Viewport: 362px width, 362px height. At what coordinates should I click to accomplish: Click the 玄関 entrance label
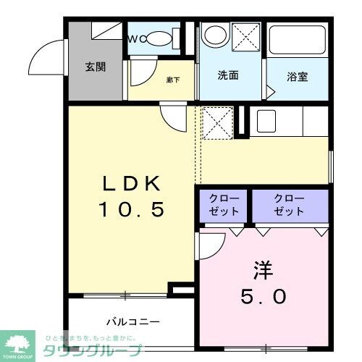pos(96,67)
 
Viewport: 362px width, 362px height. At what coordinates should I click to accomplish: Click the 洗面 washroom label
pos(229,74)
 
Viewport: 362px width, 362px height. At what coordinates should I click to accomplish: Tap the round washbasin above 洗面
pos(214,35)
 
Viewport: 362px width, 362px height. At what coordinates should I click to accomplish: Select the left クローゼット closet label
pos(221,205)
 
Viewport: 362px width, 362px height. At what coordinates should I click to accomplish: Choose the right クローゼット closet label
pos(288,205)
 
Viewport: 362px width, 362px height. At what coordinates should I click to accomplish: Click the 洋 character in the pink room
pos(262,270)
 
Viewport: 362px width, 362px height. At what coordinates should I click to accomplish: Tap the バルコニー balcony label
pos(132,321)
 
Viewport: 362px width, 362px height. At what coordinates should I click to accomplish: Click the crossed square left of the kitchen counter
pos(216,122)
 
